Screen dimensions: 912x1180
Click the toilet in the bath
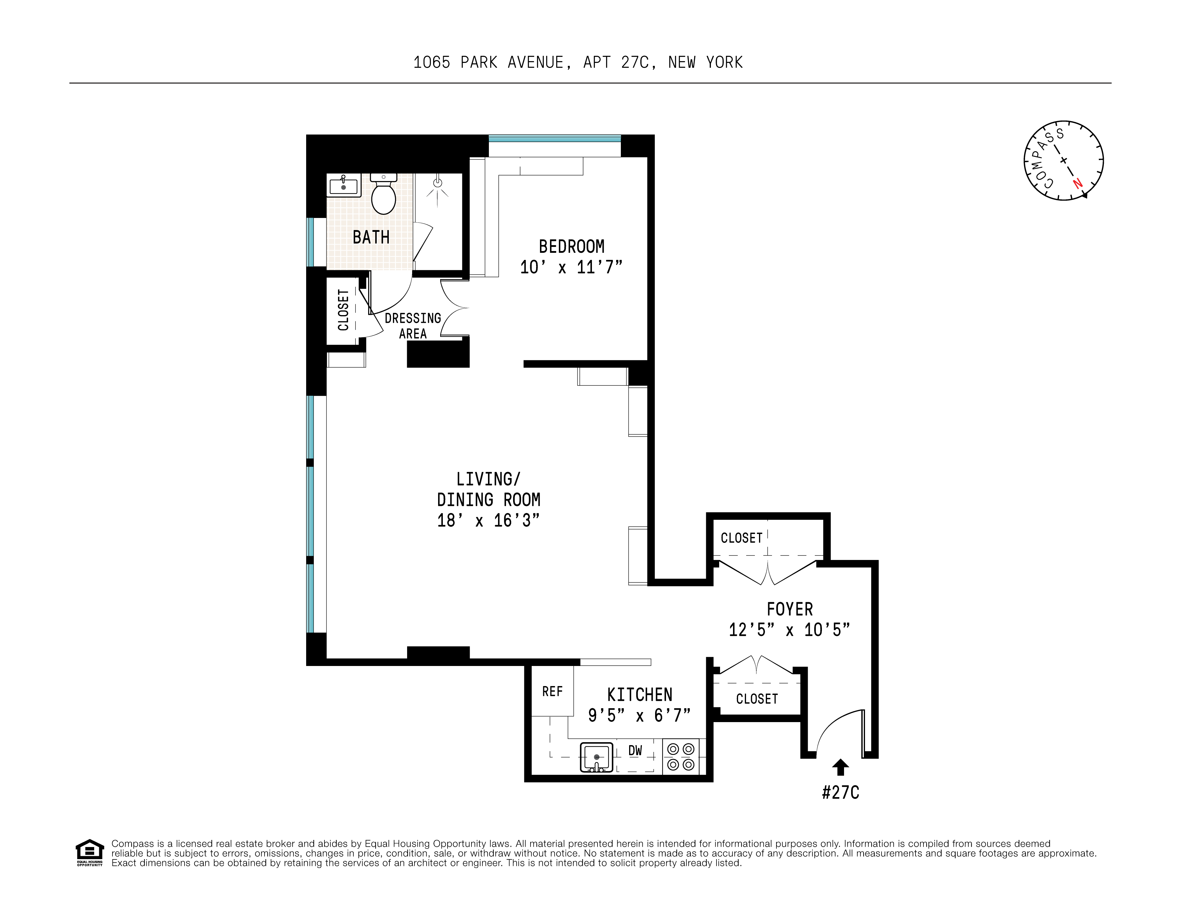pyautogui.click(x=383, y=196)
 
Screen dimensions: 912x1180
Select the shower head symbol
pyautogui.click(x=438, y=183)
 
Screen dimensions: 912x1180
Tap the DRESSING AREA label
pyautogui.click(x=413, y=325)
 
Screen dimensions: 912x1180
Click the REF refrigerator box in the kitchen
pyautogui.click(x=552, y=691)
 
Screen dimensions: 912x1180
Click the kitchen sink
pyautogui.click(x=596, y=757)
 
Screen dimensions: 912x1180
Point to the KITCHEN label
pyautogui.click(x=640, y=695)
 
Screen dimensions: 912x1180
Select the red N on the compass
pyautogui.click(x=1077, y=183)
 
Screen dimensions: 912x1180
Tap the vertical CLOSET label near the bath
pyautogui.click(x=343, y=310)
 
